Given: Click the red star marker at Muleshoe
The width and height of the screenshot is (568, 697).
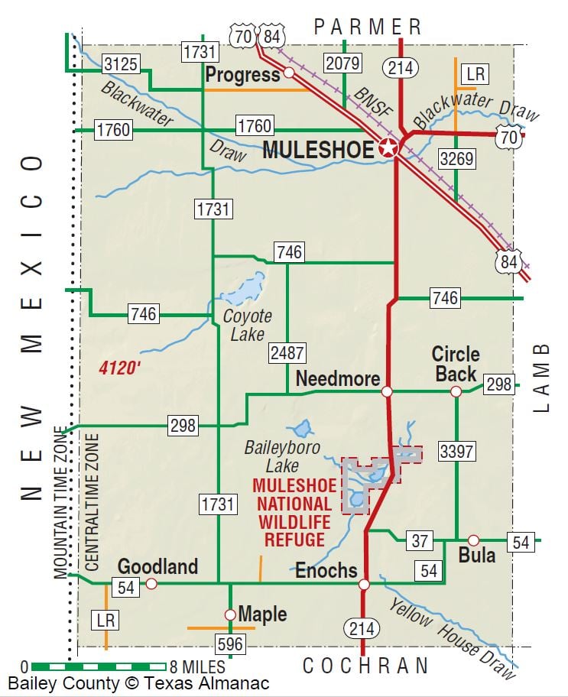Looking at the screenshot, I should pos(388,149).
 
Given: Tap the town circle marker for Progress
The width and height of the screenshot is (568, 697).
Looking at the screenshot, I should pos(289,73).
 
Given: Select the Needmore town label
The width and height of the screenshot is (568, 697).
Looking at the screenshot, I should pos(338,379).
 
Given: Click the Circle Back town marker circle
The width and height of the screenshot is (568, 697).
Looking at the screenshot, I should pos(456,391).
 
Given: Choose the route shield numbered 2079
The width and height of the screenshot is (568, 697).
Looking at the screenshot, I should pos(342,63).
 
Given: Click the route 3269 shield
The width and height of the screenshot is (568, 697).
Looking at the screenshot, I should pos(456,159).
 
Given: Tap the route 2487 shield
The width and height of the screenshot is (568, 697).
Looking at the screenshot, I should pos(287,352).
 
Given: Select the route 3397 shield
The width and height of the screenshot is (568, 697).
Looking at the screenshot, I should pos(456,451).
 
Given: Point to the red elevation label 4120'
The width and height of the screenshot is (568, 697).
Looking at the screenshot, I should pos(120,368).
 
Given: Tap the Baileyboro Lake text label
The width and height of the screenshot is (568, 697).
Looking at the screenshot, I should pos(271,456).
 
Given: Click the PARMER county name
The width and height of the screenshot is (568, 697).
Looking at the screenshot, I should pos(368,28).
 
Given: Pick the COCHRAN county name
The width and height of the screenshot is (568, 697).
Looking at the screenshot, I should pos(365,666).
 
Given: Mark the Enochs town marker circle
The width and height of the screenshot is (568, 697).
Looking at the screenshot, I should pos(364,585).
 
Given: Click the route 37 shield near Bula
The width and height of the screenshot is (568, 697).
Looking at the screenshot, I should pos(419,541).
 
